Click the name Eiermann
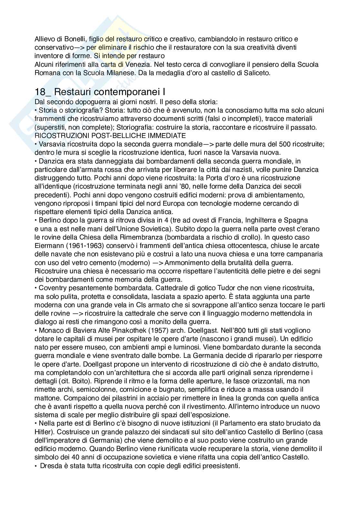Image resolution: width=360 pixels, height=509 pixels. tap(47, 246)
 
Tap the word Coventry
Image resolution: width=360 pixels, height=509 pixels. tap(53, 288)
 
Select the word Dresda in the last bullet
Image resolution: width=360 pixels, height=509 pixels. tap(49, 466)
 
